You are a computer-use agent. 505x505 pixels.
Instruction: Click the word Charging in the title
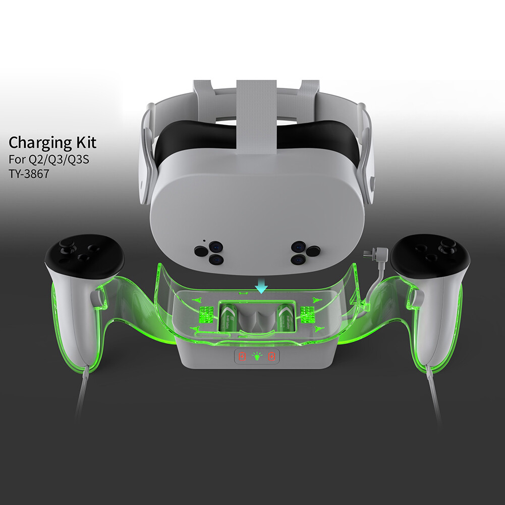pos(41,143)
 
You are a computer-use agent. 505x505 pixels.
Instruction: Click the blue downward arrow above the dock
pos(261,287)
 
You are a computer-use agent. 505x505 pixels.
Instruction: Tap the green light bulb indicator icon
pos(258,357)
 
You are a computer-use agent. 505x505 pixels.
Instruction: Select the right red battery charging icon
pos(273,357)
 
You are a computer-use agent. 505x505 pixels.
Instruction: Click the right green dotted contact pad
pos(307,314)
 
